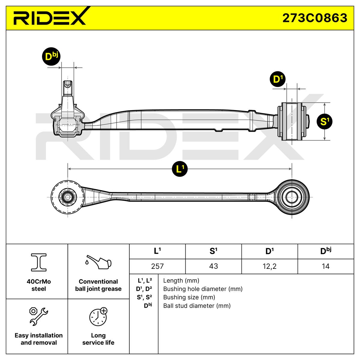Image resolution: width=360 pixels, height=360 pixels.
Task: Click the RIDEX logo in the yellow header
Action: (49, 18)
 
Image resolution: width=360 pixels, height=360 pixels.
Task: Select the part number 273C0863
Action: (315, 18)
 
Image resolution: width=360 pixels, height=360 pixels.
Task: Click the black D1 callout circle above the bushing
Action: (277, 79)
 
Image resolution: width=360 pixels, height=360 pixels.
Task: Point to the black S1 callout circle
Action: (324, 121)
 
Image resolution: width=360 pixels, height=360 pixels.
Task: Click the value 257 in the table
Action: (157, 266)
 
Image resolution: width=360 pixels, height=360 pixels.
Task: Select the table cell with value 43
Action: (213, 266)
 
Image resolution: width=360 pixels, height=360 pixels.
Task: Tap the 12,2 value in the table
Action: (269, 266)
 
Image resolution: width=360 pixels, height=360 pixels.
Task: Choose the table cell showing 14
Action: (325, 266)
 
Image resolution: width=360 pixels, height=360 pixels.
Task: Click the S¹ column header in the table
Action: (213, 251)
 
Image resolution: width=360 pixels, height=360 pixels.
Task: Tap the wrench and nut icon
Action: (39, 316)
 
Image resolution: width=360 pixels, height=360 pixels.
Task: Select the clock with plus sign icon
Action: (98, 316)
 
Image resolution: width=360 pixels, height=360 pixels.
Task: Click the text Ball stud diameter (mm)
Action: (197, 306)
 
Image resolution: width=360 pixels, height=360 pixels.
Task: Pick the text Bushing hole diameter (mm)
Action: (203, 289)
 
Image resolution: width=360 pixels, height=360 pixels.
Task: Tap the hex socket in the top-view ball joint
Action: (68, 197)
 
